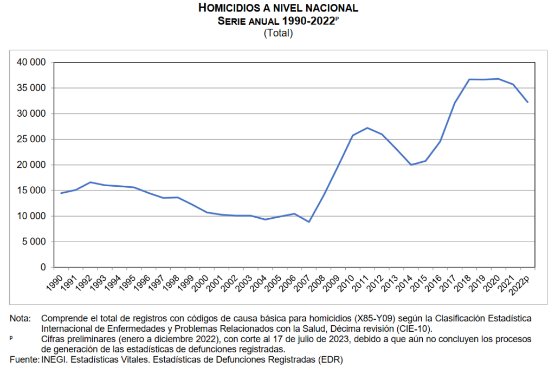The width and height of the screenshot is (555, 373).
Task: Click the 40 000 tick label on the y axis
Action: point(31,62)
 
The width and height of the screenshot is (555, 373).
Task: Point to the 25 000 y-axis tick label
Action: point(31,140)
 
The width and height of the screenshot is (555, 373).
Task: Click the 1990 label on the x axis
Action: point(53,282)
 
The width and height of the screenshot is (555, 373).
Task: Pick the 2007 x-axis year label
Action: point(300,282)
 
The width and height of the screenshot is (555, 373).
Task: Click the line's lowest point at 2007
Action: point(309,222)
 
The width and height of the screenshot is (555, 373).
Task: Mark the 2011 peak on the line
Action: point(367,128)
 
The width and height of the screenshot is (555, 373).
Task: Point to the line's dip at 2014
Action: point(411,165)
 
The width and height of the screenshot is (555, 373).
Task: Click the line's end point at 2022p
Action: point(527,102)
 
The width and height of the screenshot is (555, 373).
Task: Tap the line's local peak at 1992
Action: point(91,182)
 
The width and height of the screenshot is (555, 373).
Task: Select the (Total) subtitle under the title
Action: point(278,33)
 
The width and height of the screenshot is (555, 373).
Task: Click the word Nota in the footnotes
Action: point(20,318)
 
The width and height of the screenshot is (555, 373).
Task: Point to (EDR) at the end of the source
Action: point(332,359)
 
